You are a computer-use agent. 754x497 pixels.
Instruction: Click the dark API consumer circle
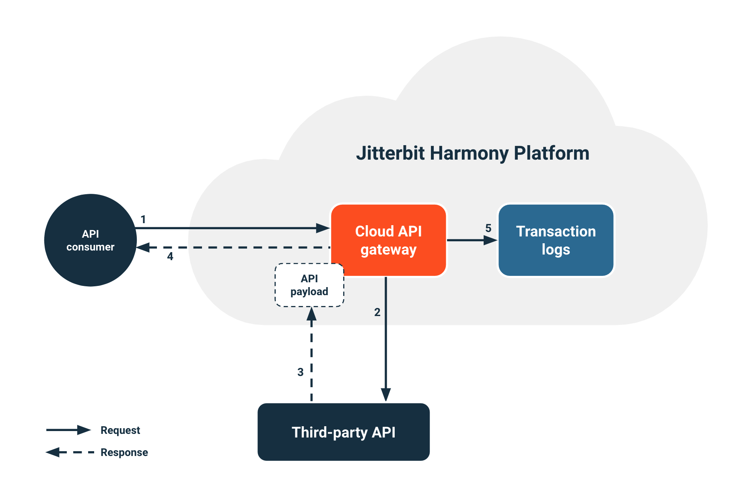click(x=91, y=240)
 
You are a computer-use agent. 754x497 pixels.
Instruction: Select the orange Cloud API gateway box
click(x=389, y=240)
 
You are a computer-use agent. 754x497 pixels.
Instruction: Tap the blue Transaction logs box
click(x=556, y=240)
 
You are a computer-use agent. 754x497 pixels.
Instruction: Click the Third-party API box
click(x=343, y=432)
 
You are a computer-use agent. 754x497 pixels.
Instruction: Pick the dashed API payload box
click(x=309, y=285)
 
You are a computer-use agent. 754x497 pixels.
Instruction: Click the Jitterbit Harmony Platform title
click(x=472, y=153)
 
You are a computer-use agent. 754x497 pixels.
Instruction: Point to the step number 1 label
click(x=143, y=220)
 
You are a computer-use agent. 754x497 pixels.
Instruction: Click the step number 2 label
click(x=377, y=312)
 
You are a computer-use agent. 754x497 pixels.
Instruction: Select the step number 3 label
click(x=300, y=372)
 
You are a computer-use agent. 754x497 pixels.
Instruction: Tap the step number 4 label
click(x=170, y=257)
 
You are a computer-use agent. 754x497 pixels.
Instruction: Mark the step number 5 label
click(x=488, y=228)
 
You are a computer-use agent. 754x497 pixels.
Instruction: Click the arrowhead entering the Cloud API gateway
click(x=323, y=228)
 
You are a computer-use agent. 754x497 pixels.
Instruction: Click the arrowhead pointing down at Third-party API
click(x=386, y=394)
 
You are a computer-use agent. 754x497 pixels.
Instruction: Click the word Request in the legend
click(x=120, y=430)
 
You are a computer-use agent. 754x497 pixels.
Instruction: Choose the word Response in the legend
click(x=124, y=452)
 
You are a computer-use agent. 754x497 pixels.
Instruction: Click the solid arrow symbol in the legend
click(x=68, y=430)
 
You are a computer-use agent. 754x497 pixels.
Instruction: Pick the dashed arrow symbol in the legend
click(x=69, y=452)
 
